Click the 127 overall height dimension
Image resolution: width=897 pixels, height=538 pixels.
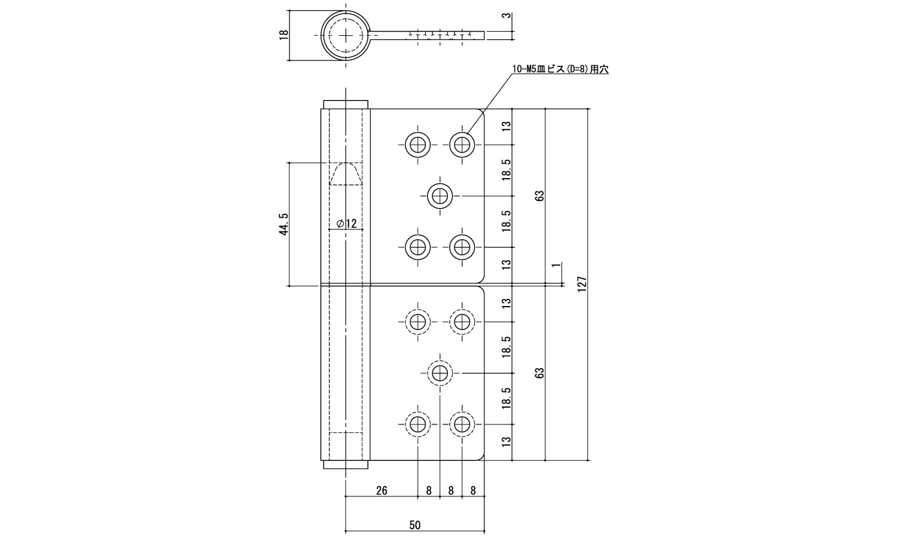click(x=582, y=284)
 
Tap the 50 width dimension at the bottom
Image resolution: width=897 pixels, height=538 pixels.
click(x=415, y=525)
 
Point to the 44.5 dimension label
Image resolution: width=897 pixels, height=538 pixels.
click(x=283, y=224)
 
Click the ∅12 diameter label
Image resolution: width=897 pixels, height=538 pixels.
click(x=346, y=224)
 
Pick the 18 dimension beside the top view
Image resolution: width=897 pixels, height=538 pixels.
click(x=283, y=35)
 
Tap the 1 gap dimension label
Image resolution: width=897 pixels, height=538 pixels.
click(x=556, y=265)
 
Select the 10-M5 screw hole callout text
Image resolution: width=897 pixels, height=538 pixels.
click(x=560, y=69)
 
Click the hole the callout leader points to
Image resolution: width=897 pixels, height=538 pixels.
click(x=462, y=145)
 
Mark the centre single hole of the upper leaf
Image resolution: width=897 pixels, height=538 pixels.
click(x=440, y=196)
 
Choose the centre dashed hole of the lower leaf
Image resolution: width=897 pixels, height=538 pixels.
click(x=440, y=373)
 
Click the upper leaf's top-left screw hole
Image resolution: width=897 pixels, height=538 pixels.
click(x=417, y=145)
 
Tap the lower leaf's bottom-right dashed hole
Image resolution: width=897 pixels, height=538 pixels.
click(x=462, y=424)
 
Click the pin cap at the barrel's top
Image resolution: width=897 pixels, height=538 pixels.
click(x=346, y=104)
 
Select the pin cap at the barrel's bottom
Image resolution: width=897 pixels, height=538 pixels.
click(x=346, y=464)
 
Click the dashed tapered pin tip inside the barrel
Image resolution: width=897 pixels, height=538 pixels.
click(x=346, y=174)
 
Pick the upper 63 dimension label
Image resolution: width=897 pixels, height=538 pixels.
click(x=540, y=195)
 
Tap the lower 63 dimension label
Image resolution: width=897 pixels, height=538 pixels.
click(x=540, y=372)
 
